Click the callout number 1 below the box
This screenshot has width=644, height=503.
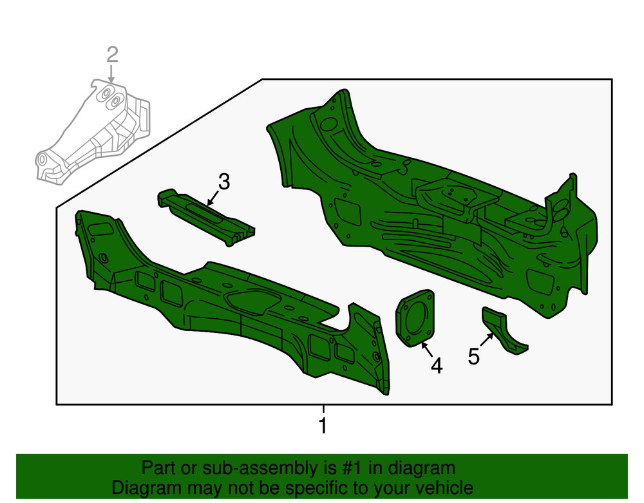323,426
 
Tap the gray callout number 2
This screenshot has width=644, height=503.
113,55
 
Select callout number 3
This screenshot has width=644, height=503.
224,182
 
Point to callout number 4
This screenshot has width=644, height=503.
437,365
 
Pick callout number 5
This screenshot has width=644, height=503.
473,356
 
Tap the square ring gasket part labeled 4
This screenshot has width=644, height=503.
415,318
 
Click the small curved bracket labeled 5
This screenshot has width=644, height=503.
503,331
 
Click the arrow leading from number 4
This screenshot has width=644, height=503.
427,350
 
